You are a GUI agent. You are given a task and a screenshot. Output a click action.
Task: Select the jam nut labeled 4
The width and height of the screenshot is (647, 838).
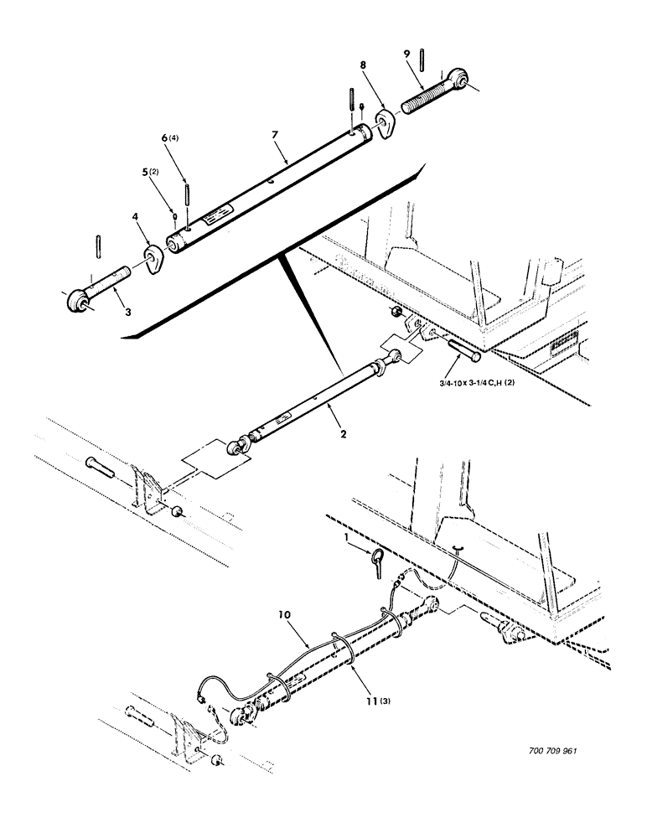click(x=152, y=260)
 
